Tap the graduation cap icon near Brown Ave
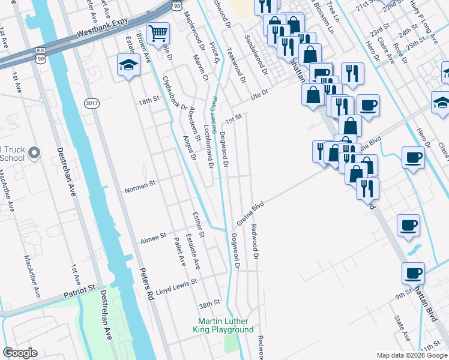click(128, 64)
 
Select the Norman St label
click(140, 190)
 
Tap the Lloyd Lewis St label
click(176, 290)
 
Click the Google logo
click(20, 353)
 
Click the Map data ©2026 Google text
click(412, 355)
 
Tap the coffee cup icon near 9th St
click(413, 274)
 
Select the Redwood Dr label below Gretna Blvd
click(255, 242)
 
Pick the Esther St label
click(199, 223)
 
